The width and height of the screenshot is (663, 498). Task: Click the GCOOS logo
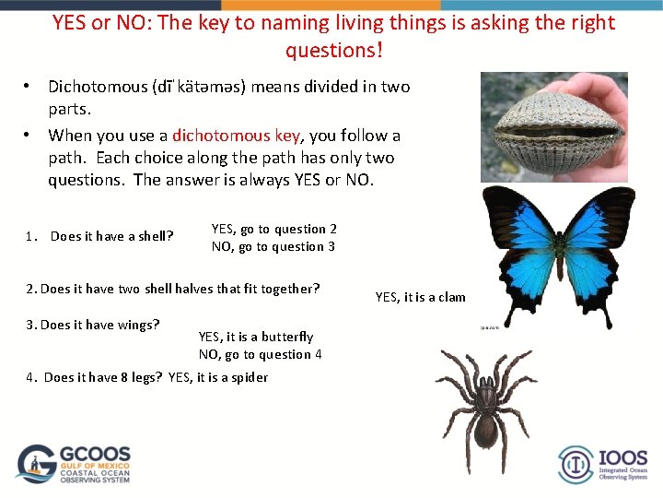coord(75,464)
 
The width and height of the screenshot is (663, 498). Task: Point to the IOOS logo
coord(602,464)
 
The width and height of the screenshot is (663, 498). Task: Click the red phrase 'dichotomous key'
coord(236,136)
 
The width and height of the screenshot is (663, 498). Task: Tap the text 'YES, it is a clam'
coord(420,297)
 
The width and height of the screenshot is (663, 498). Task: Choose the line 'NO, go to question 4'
coord(260,354)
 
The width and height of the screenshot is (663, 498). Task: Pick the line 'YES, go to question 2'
coord(273,229)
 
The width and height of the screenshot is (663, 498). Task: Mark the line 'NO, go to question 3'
coord(273,246)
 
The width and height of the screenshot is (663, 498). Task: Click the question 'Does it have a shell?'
coord(111,236)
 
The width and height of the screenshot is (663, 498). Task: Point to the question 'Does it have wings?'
coord(99,324)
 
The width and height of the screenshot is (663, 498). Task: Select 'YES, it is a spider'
coord(218,377)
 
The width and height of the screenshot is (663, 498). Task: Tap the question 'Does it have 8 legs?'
coord(103,377)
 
